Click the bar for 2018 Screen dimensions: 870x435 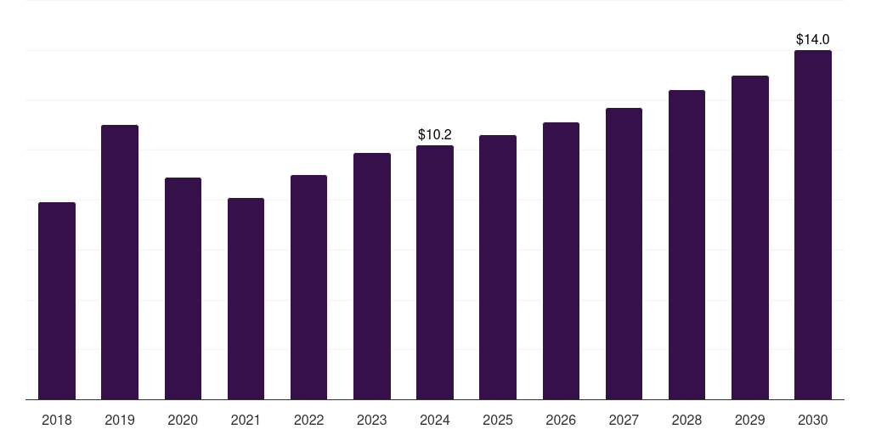click(57, 301)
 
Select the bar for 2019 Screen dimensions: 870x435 click(120, 262)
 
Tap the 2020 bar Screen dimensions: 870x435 click(183, 289)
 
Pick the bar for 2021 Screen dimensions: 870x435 click(246, 298)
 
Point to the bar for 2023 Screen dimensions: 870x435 click(372, 276)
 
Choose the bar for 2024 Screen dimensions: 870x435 click(435, 273)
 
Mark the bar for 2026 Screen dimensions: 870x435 click(561, 261)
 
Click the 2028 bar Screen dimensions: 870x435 click(686, 245)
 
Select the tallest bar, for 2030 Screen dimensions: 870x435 click(813, 224)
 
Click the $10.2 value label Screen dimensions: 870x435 click(435, 135)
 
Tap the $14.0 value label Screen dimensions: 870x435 click(813, 39)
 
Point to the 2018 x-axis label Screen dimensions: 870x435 click(57, 420)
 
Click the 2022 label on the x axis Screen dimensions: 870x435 click(308, 420)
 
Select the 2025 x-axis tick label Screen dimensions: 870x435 click(498, 420)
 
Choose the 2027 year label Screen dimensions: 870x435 click(624, 420)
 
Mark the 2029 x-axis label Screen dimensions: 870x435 click(749, 420)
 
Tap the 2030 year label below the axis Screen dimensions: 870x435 click(813, 420)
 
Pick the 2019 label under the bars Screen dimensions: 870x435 click(120, 420)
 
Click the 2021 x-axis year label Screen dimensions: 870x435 click(246, 420)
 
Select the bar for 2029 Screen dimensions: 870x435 click(750, 238)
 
